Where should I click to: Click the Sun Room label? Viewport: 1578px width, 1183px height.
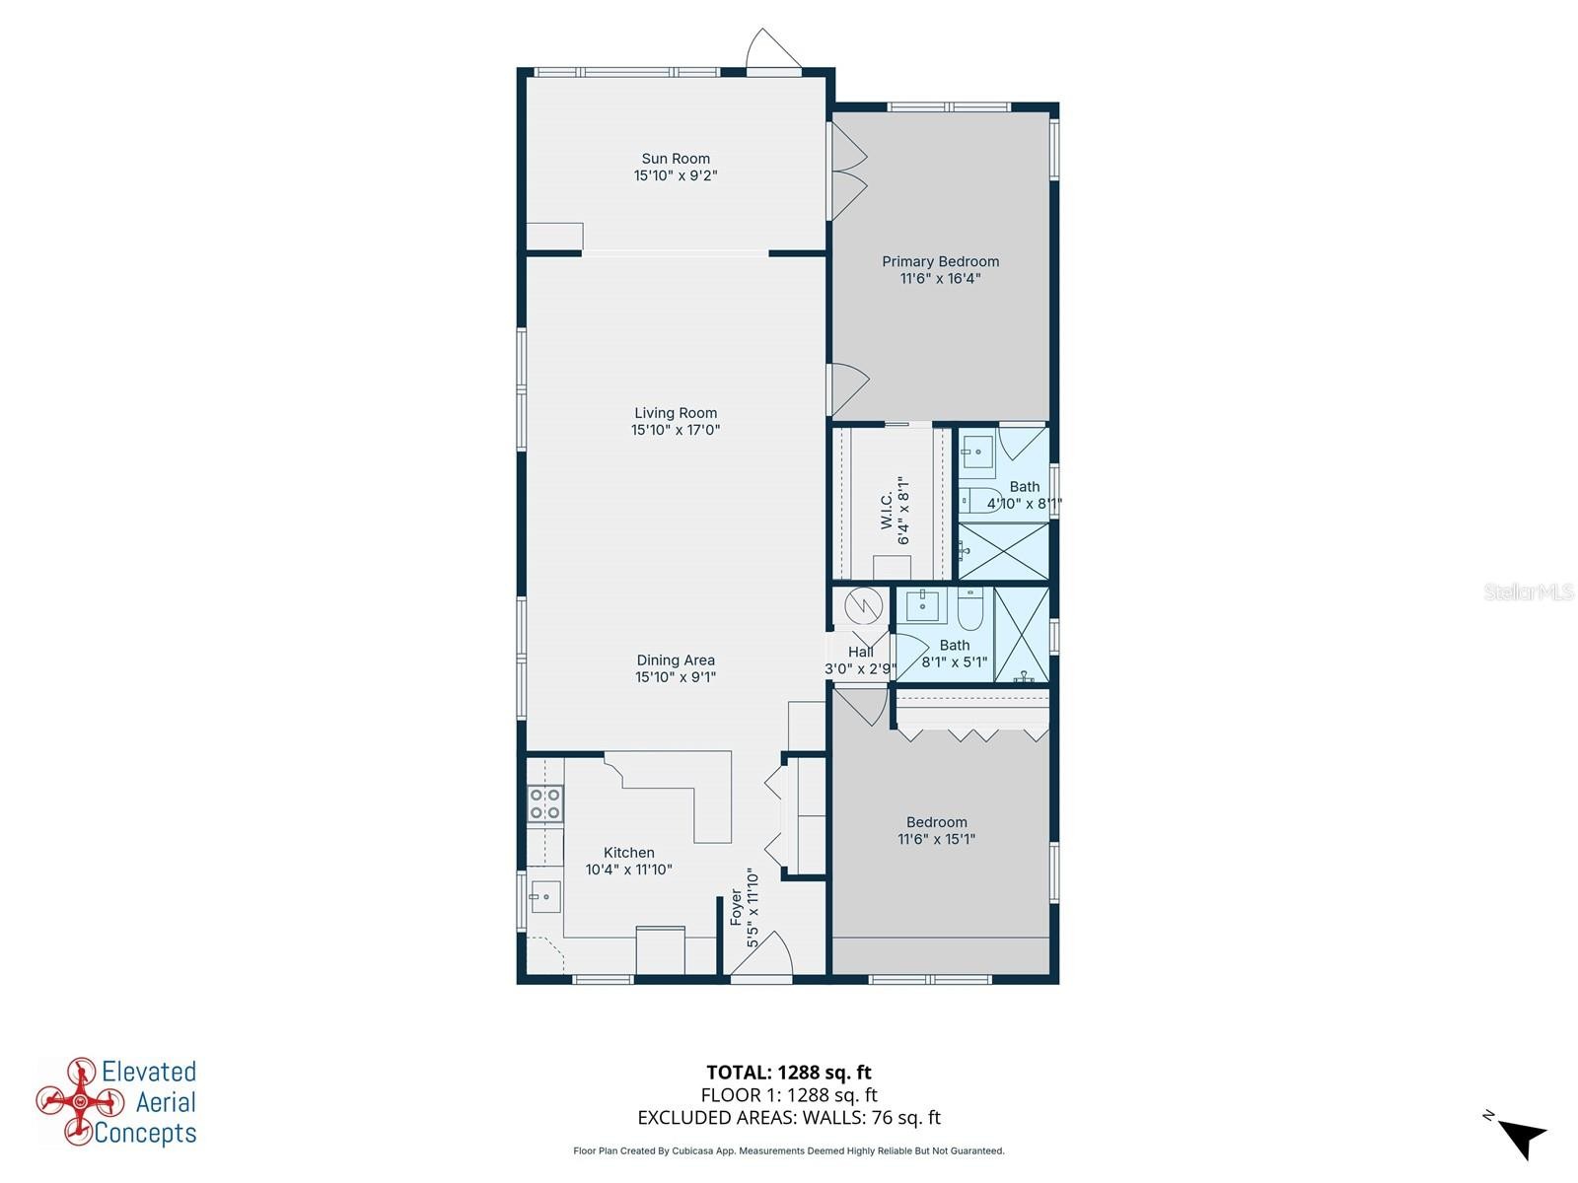[675, 159]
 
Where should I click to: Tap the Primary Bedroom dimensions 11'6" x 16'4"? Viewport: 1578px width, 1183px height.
[940, 279]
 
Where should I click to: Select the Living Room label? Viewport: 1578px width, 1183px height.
[675, 413]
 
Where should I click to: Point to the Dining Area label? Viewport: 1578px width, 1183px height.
[675, 661]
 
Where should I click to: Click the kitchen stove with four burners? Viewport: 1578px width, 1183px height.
[545, 803]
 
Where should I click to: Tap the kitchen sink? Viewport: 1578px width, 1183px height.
[545, 897]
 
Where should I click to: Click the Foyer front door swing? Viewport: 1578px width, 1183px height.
[762, 953]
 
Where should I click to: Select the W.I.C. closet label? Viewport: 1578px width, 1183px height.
[887, 510]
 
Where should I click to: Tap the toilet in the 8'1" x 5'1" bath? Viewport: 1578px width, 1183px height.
[969, 607]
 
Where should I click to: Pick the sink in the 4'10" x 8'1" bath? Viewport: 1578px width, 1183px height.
[977, 453]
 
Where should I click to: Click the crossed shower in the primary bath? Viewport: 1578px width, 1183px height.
[1004, 551]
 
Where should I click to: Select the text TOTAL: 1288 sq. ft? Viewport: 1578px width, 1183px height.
[789, 1073]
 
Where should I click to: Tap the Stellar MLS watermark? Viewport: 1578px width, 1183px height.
[1529, 591]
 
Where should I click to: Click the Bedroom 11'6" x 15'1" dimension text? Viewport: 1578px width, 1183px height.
[936, 839]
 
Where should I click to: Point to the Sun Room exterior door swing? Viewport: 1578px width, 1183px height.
[773, 49]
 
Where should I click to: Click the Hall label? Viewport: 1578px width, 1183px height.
[861, 653]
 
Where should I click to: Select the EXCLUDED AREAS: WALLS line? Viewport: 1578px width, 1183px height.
[789, 1118]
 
